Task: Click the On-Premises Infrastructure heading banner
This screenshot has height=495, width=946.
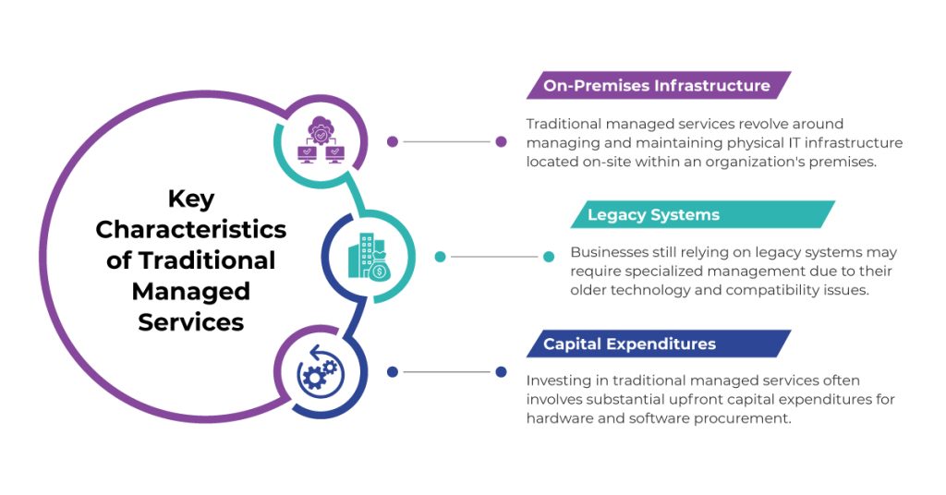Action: click(x=657, y=86)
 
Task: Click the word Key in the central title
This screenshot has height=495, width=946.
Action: click(x=191, y=199)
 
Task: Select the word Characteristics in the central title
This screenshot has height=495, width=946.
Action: click(x=191, y=229)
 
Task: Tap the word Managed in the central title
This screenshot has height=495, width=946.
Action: click(x=191, y=291)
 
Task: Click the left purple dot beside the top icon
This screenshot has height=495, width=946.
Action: click(x=393, y=142)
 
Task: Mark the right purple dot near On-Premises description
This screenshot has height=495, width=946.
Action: click(x=501, y=142)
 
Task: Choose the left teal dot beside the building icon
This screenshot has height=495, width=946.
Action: click(x=440, y=257)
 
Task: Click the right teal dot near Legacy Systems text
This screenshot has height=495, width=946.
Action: click(x=549, y=257)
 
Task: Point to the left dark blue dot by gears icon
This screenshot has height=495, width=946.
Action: click(x=393, y=372)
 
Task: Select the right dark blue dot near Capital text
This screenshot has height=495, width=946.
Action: click(x=501, y=372)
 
